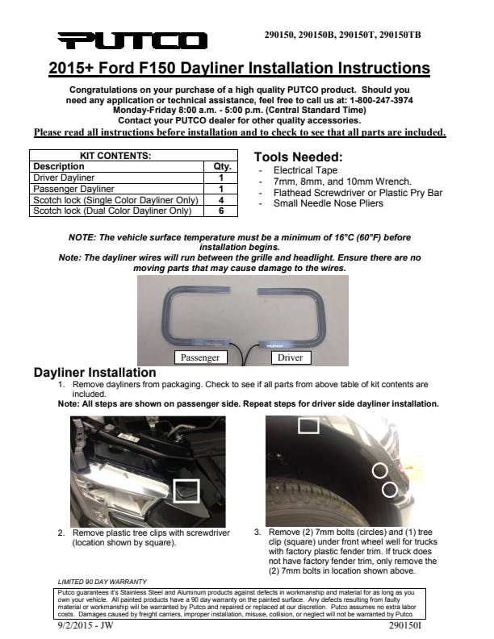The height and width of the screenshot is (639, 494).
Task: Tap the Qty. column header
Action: [220, 166]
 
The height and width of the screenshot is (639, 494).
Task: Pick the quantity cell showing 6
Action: [220, 211]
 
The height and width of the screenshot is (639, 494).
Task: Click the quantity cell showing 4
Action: [220, 199]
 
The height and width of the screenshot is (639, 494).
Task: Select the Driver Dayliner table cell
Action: [64, 177]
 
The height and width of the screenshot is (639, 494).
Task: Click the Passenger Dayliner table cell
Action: [72, 189]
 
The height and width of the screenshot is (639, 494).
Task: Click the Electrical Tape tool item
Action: [304, 171]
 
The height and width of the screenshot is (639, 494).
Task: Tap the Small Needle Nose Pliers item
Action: [317, 203]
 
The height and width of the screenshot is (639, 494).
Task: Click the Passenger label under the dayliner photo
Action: [199, 357]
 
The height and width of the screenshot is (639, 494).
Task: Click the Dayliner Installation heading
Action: [94, 373]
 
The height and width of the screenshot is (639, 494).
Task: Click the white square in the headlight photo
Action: [186, 490]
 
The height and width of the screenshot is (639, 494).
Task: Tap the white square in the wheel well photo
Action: [308, 425]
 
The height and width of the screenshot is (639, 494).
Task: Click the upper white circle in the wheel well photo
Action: [379, 470]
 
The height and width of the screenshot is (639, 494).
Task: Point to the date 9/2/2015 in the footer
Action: [73, 625]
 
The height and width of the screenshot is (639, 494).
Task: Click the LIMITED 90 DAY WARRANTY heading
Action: [102, 581]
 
